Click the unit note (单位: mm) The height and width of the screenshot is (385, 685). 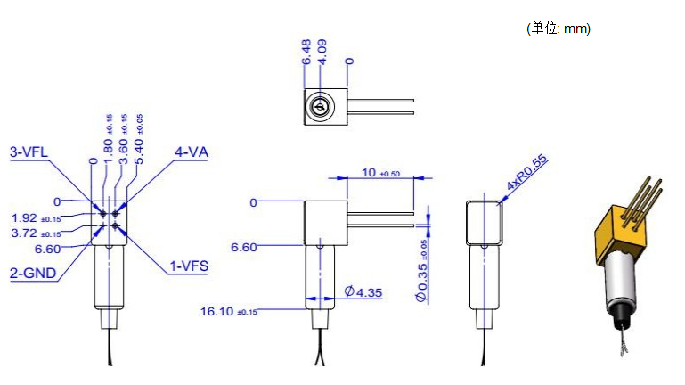(559, 29)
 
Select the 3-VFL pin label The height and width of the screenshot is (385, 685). (29, 152)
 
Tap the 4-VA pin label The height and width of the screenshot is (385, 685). (191, 152)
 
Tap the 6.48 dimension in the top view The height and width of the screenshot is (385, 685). (306, 52)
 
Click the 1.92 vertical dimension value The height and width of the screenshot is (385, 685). (37, 217)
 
